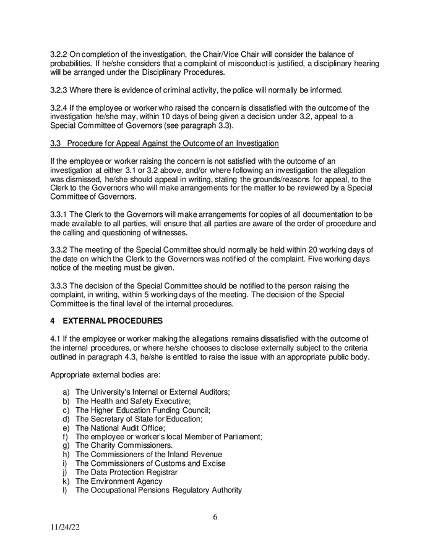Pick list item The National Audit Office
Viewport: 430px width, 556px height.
pos(120,428)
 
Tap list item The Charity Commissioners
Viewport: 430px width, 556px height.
pos(124,445)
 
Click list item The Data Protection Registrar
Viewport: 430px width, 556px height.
pos(126,472)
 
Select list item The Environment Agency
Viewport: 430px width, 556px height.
pos(119,481)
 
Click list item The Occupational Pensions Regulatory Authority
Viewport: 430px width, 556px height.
pos(158,490)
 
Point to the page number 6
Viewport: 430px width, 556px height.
pos(215,518)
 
